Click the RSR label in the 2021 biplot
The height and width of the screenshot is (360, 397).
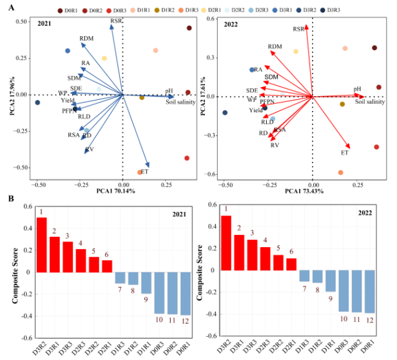[x=116, y=21]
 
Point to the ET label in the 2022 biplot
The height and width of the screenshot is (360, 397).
[x=345, y=153]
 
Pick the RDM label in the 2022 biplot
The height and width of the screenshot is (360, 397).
[x=275, y=47]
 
